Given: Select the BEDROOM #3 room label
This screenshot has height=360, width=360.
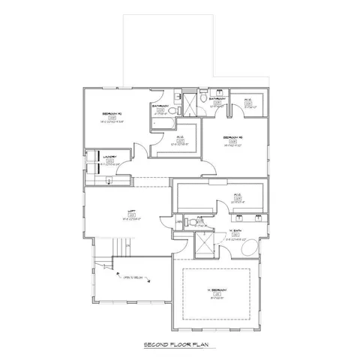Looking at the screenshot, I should pyautogui.click(x=232, y=139).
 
